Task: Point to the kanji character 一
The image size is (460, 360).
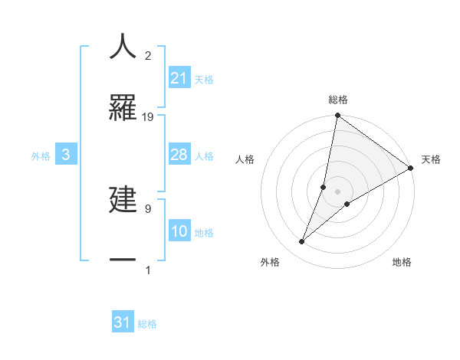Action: (x=123, y=260)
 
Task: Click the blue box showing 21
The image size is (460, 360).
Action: (x=179, y=78)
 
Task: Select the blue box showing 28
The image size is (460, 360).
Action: (x=179, y=155)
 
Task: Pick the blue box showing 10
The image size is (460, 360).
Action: (x=179, y=231)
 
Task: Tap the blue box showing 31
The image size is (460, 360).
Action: (x=123, y=322)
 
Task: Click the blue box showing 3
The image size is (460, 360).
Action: (x=66, y=155)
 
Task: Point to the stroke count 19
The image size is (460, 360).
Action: (x=149, y=116)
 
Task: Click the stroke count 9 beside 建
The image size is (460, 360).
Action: (x=147, y=208)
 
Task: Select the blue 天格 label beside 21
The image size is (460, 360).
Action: (x=204, y=79)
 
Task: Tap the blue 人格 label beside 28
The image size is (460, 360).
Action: (x=204, y=155)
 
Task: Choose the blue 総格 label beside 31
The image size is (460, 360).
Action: (x=147, y=324)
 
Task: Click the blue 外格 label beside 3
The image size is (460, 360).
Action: (x=41, y=155)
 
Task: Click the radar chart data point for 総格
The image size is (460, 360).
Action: (x=337, y=116)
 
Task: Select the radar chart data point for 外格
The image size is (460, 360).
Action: (x=301, y=242)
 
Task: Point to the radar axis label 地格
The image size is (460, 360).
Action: (x=402, y=262)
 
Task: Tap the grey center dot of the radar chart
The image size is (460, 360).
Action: (x=337, y=191)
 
